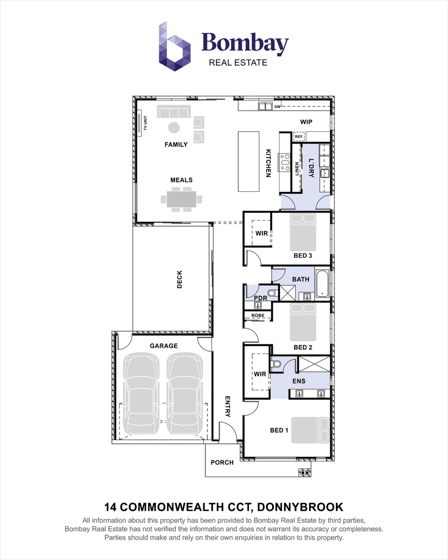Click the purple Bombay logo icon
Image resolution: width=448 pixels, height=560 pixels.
[174, 47]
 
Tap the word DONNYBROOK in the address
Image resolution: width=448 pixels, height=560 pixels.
[300, 507]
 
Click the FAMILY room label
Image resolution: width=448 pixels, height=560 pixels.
[176, 145]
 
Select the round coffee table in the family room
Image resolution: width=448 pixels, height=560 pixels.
[174, 128]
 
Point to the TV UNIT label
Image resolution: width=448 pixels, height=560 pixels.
[145, 123]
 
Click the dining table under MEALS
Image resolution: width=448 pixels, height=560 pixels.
[181, 200]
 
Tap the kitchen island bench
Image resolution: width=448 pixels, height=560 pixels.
[249, 162]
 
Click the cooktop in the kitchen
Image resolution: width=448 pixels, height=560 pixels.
[285, 162]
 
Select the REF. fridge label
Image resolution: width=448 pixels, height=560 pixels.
[299, 136]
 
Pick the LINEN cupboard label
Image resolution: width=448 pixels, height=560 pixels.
[297, 169]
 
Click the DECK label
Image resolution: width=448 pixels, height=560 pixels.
[179, 279]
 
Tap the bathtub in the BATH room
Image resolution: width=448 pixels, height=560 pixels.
[323, 284]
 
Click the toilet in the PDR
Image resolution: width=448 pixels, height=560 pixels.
[273, 293]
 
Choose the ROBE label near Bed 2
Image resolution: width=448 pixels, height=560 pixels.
[258, 316]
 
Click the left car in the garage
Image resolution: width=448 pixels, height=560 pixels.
[141, 393]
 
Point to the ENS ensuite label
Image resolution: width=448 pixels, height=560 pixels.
[299, 381]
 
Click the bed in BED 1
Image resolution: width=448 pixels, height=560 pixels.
[311, 430]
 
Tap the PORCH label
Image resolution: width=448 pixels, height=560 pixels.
[222, 463]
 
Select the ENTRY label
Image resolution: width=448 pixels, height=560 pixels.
[228, 407]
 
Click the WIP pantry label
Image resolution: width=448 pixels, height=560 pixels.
[306, 122]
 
